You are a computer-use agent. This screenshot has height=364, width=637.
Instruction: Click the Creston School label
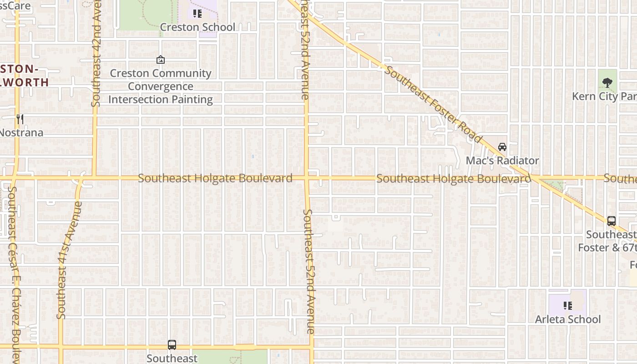coord(197,27)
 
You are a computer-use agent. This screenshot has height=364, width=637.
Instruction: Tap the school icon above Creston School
coord(197,14)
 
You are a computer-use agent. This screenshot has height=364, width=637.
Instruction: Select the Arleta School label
coord(567,319)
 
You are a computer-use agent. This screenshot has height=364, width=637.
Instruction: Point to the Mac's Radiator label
coord(502,161)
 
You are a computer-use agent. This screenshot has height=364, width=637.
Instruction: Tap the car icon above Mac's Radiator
coord(502,147)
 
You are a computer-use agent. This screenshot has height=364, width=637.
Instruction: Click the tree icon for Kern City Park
coord(607,82)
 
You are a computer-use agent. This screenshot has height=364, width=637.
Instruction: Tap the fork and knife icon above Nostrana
coord(20,119)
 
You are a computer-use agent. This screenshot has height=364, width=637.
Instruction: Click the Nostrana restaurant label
coord(21,133)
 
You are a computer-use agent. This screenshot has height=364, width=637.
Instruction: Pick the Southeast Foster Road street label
coord(433,104)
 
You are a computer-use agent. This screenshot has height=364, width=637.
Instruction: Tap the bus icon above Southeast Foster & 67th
coord(612,221)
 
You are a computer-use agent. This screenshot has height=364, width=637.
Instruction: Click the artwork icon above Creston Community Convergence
coord(160,60)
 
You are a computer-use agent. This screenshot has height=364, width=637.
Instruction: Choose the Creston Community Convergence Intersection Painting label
coord(160,86)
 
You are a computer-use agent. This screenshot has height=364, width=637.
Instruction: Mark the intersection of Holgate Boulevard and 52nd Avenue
coord(307,178)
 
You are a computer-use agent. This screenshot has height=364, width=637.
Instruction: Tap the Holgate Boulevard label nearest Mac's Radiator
coord(453,179)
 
